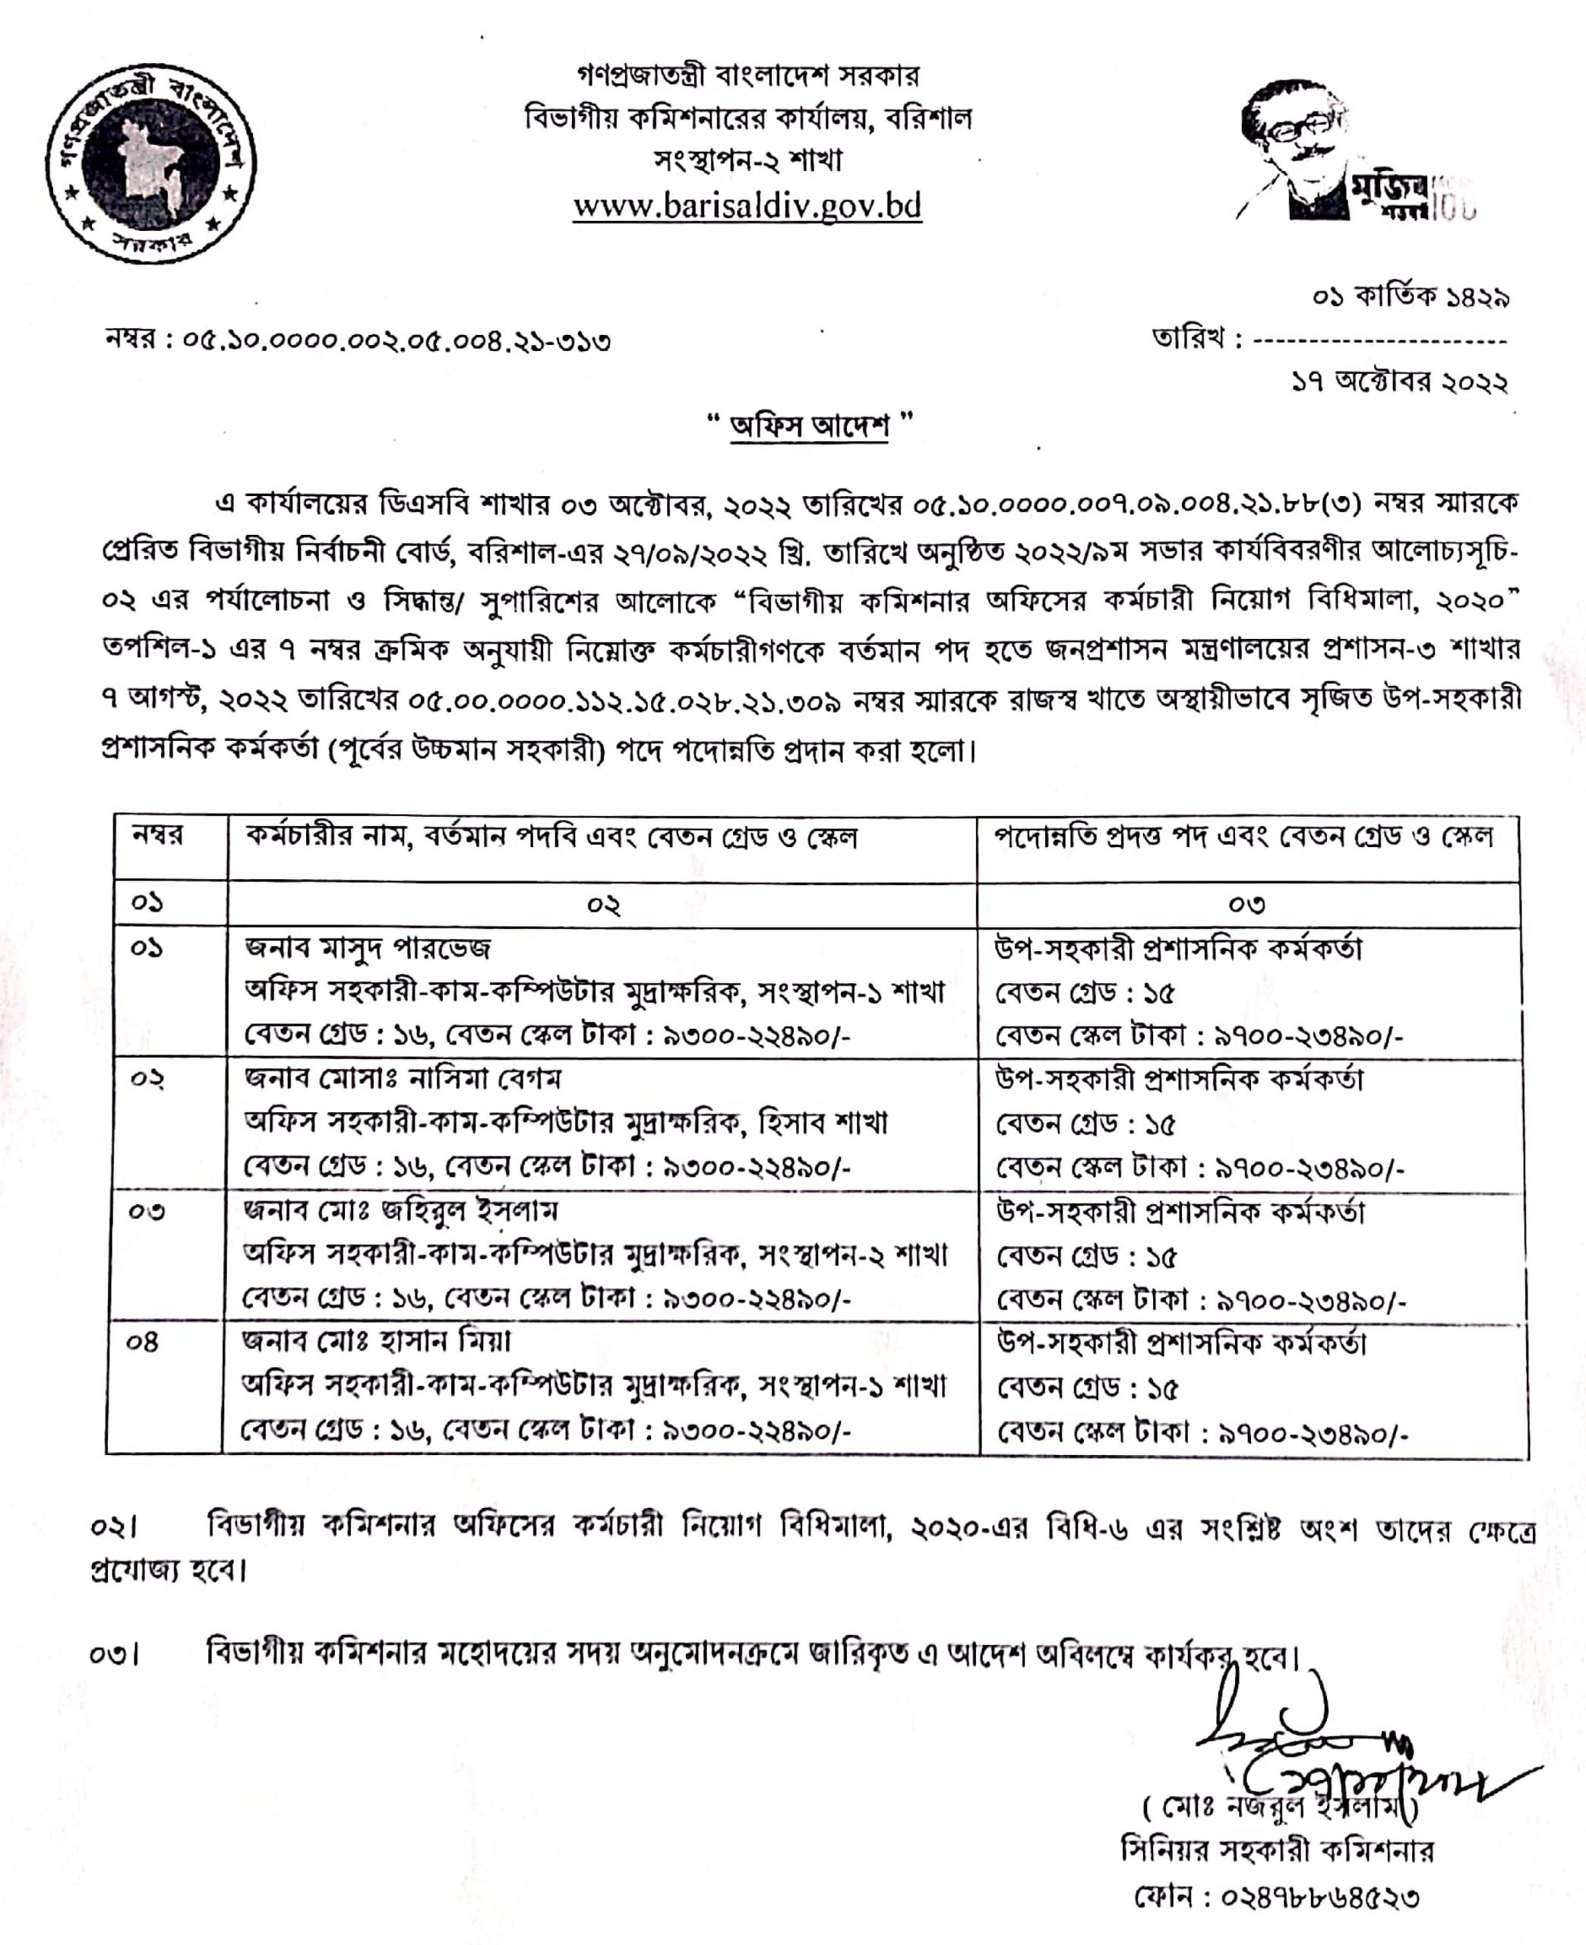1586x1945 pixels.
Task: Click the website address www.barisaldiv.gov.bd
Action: click(x=747, y=206)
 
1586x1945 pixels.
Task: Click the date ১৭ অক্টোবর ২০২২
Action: click(x=1398, y=382)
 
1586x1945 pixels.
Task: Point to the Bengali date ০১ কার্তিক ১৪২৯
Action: click(x=1411, y=298)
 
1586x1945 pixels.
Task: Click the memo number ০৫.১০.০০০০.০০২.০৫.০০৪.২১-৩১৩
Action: click(x=396, y=342)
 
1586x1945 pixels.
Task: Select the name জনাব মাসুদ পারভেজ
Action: click(x=368, y=947)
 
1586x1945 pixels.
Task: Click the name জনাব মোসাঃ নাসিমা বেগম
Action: click(x=402, y=1079)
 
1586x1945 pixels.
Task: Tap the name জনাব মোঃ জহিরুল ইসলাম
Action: click(x=400, y=1210)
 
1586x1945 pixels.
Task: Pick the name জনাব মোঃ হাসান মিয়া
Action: click(x=375, y=1341)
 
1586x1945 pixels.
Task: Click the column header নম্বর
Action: click(x=157, y=836)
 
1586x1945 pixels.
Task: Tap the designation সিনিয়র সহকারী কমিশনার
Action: click(x=1277, y=1851)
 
